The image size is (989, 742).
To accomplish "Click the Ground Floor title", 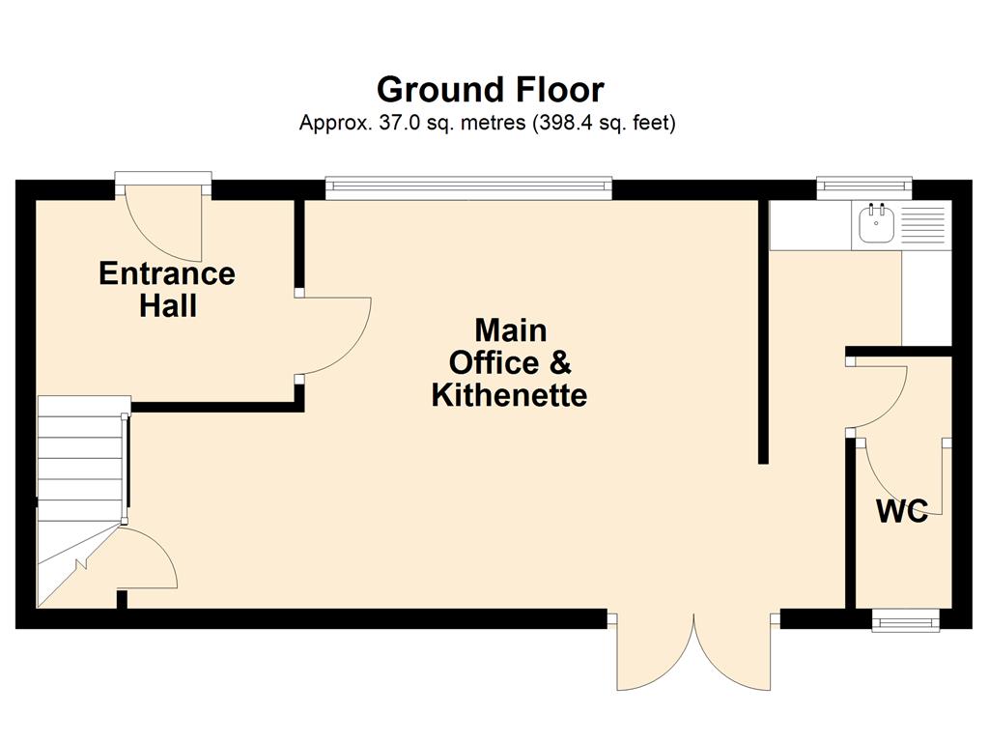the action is pyautogui.click(x=490, y=90).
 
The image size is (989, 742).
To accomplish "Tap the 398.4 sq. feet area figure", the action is pyautogui.click(x=605, y=122).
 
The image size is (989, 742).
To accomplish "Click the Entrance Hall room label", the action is pyautogui.click(x=167, y=290).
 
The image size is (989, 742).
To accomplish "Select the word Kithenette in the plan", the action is pyautogui.click(x=510, y=395).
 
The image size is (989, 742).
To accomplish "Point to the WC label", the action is pyautogui.click(x=902, y=511).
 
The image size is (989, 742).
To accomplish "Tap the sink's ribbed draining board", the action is pyautogui.click(x=922, y=225).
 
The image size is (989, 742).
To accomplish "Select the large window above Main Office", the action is pyautogui.click(x=468, y=186).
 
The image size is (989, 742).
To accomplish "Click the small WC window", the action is pyautogui.click(x=906, y=621).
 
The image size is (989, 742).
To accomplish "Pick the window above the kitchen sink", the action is pyautogui.click(x=864, y=186).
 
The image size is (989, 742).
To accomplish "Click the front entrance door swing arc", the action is pyautogui.click(x=163, y=224).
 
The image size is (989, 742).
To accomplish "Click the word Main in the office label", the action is pyautogui.click(x=510, y=330).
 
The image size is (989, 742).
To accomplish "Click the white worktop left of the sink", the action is pyautogui.click(x=810, y=224).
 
